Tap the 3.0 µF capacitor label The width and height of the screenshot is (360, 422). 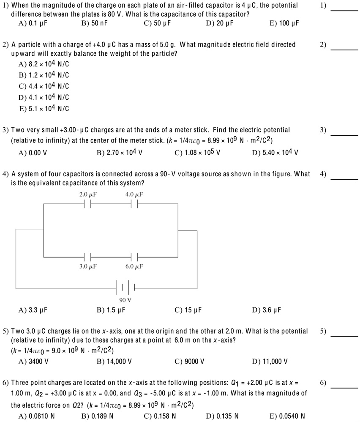88,267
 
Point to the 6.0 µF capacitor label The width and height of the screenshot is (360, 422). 134,267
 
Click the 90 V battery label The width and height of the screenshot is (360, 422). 125,300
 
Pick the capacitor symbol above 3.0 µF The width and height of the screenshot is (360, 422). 87,256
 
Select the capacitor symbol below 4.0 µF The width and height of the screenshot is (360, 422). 134,204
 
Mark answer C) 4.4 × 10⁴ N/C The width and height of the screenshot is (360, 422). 44,86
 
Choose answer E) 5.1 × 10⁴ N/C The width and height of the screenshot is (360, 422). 44,109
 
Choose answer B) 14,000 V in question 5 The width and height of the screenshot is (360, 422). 114,362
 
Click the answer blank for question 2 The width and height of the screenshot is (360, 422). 344,49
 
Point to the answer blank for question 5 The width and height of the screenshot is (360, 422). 344,336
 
